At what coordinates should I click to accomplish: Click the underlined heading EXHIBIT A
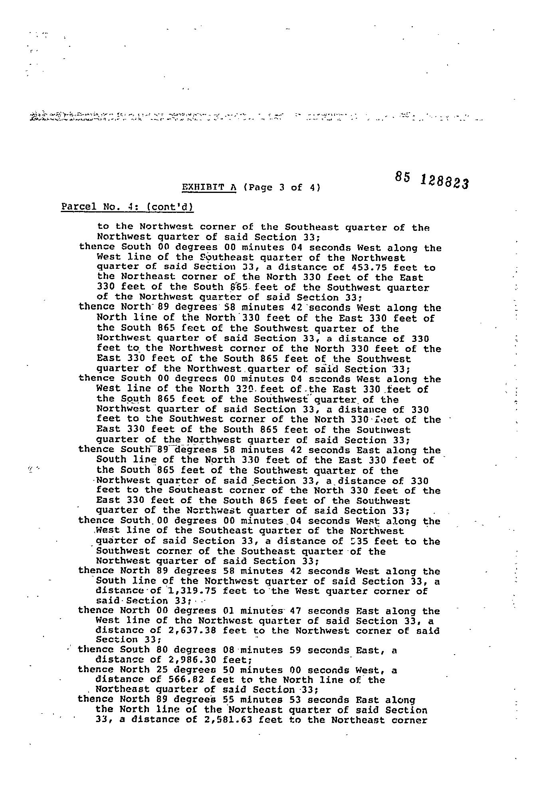pos(209,187)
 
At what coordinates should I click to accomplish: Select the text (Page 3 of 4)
pos(281,187)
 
